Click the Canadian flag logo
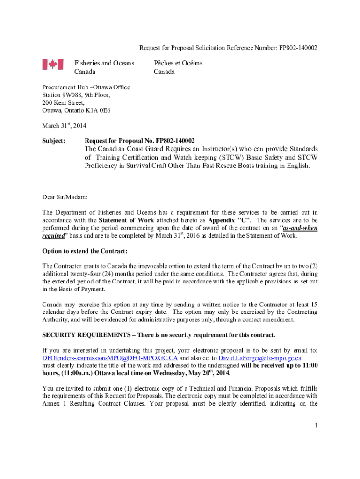(52, 65)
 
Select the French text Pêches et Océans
(178, 63)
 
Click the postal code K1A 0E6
(98, 111)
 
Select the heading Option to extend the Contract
(85, 251)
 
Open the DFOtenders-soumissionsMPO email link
(110, 358)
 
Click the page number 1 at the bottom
(316, 425)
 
